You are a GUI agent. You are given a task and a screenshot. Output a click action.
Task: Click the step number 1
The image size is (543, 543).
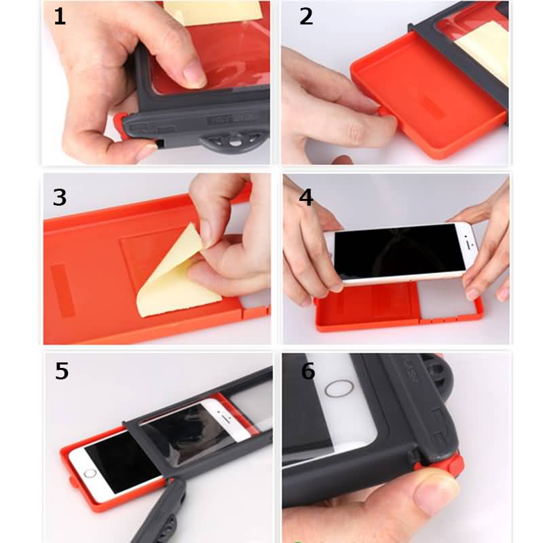tap(60, 16)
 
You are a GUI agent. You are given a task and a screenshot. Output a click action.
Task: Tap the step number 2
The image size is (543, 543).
tap(306, 16)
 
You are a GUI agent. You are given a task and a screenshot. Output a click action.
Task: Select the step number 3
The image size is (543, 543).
tap(60, 198)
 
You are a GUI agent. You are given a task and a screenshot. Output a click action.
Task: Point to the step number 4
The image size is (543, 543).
tap(306, 198)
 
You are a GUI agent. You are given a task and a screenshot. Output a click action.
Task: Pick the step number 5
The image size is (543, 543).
tap(62, 371)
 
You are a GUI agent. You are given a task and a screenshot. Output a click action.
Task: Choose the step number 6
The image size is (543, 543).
tap(308, 371)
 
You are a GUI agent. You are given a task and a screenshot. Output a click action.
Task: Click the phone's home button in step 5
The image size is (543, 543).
tap(90, 473)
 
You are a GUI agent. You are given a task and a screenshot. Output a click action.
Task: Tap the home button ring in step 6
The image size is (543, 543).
tap(339, 388)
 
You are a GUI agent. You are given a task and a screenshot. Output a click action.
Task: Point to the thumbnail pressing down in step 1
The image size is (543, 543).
tap(194, 75)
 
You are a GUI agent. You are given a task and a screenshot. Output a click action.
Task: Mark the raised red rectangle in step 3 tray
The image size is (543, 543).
tap(63, 291)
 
